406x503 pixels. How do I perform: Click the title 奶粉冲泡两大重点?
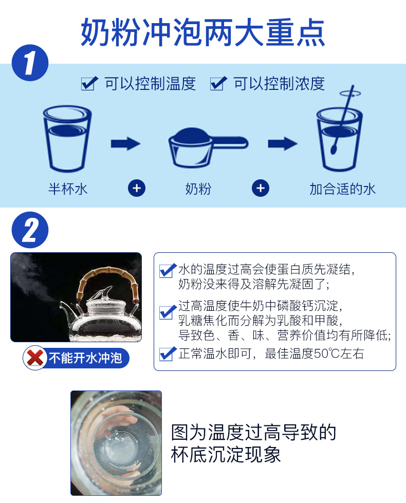click(203, 32)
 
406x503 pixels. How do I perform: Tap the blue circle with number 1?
click(30, 63)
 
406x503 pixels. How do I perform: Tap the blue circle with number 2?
click(30, 230)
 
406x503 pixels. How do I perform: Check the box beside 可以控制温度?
click(89, 83)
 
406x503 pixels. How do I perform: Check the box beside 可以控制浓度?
click(218, 83)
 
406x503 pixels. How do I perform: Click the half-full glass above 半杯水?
click(67, 139)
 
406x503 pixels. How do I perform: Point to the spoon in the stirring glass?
click(343, 119)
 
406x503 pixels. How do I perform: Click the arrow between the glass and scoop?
click(125, 143)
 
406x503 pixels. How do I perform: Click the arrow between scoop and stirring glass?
click(283, 143)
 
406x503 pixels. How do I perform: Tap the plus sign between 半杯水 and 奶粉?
click(137, 188)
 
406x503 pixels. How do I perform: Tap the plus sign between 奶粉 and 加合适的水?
click(260, 188)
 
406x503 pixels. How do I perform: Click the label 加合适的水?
click(342, 189)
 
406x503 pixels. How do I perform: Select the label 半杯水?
click(68, 189)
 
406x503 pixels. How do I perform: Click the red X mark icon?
click(35, 358)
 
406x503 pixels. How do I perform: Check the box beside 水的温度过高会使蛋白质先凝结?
click(168, 270)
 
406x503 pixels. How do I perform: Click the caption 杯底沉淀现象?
click(226, 454)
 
